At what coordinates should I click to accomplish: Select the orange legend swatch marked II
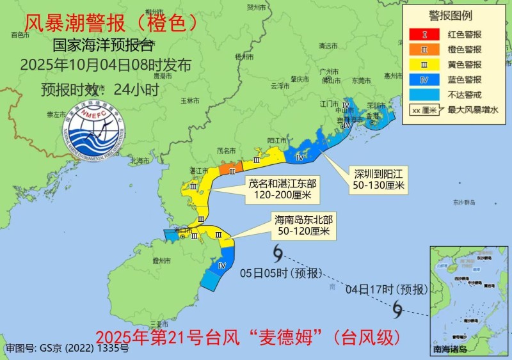pos(424,49)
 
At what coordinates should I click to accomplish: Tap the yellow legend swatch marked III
pos(424,64)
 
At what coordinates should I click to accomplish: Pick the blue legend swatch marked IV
pos(424,80)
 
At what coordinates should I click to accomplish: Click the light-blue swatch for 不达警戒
pos(424,95)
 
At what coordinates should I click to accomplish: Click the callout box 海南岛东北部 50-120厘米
pos(303,224)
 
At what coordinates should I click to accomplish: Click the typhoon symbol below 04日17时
pos(397,311)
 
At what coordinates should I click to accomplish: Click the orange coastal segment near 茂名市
pos(228,169)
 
